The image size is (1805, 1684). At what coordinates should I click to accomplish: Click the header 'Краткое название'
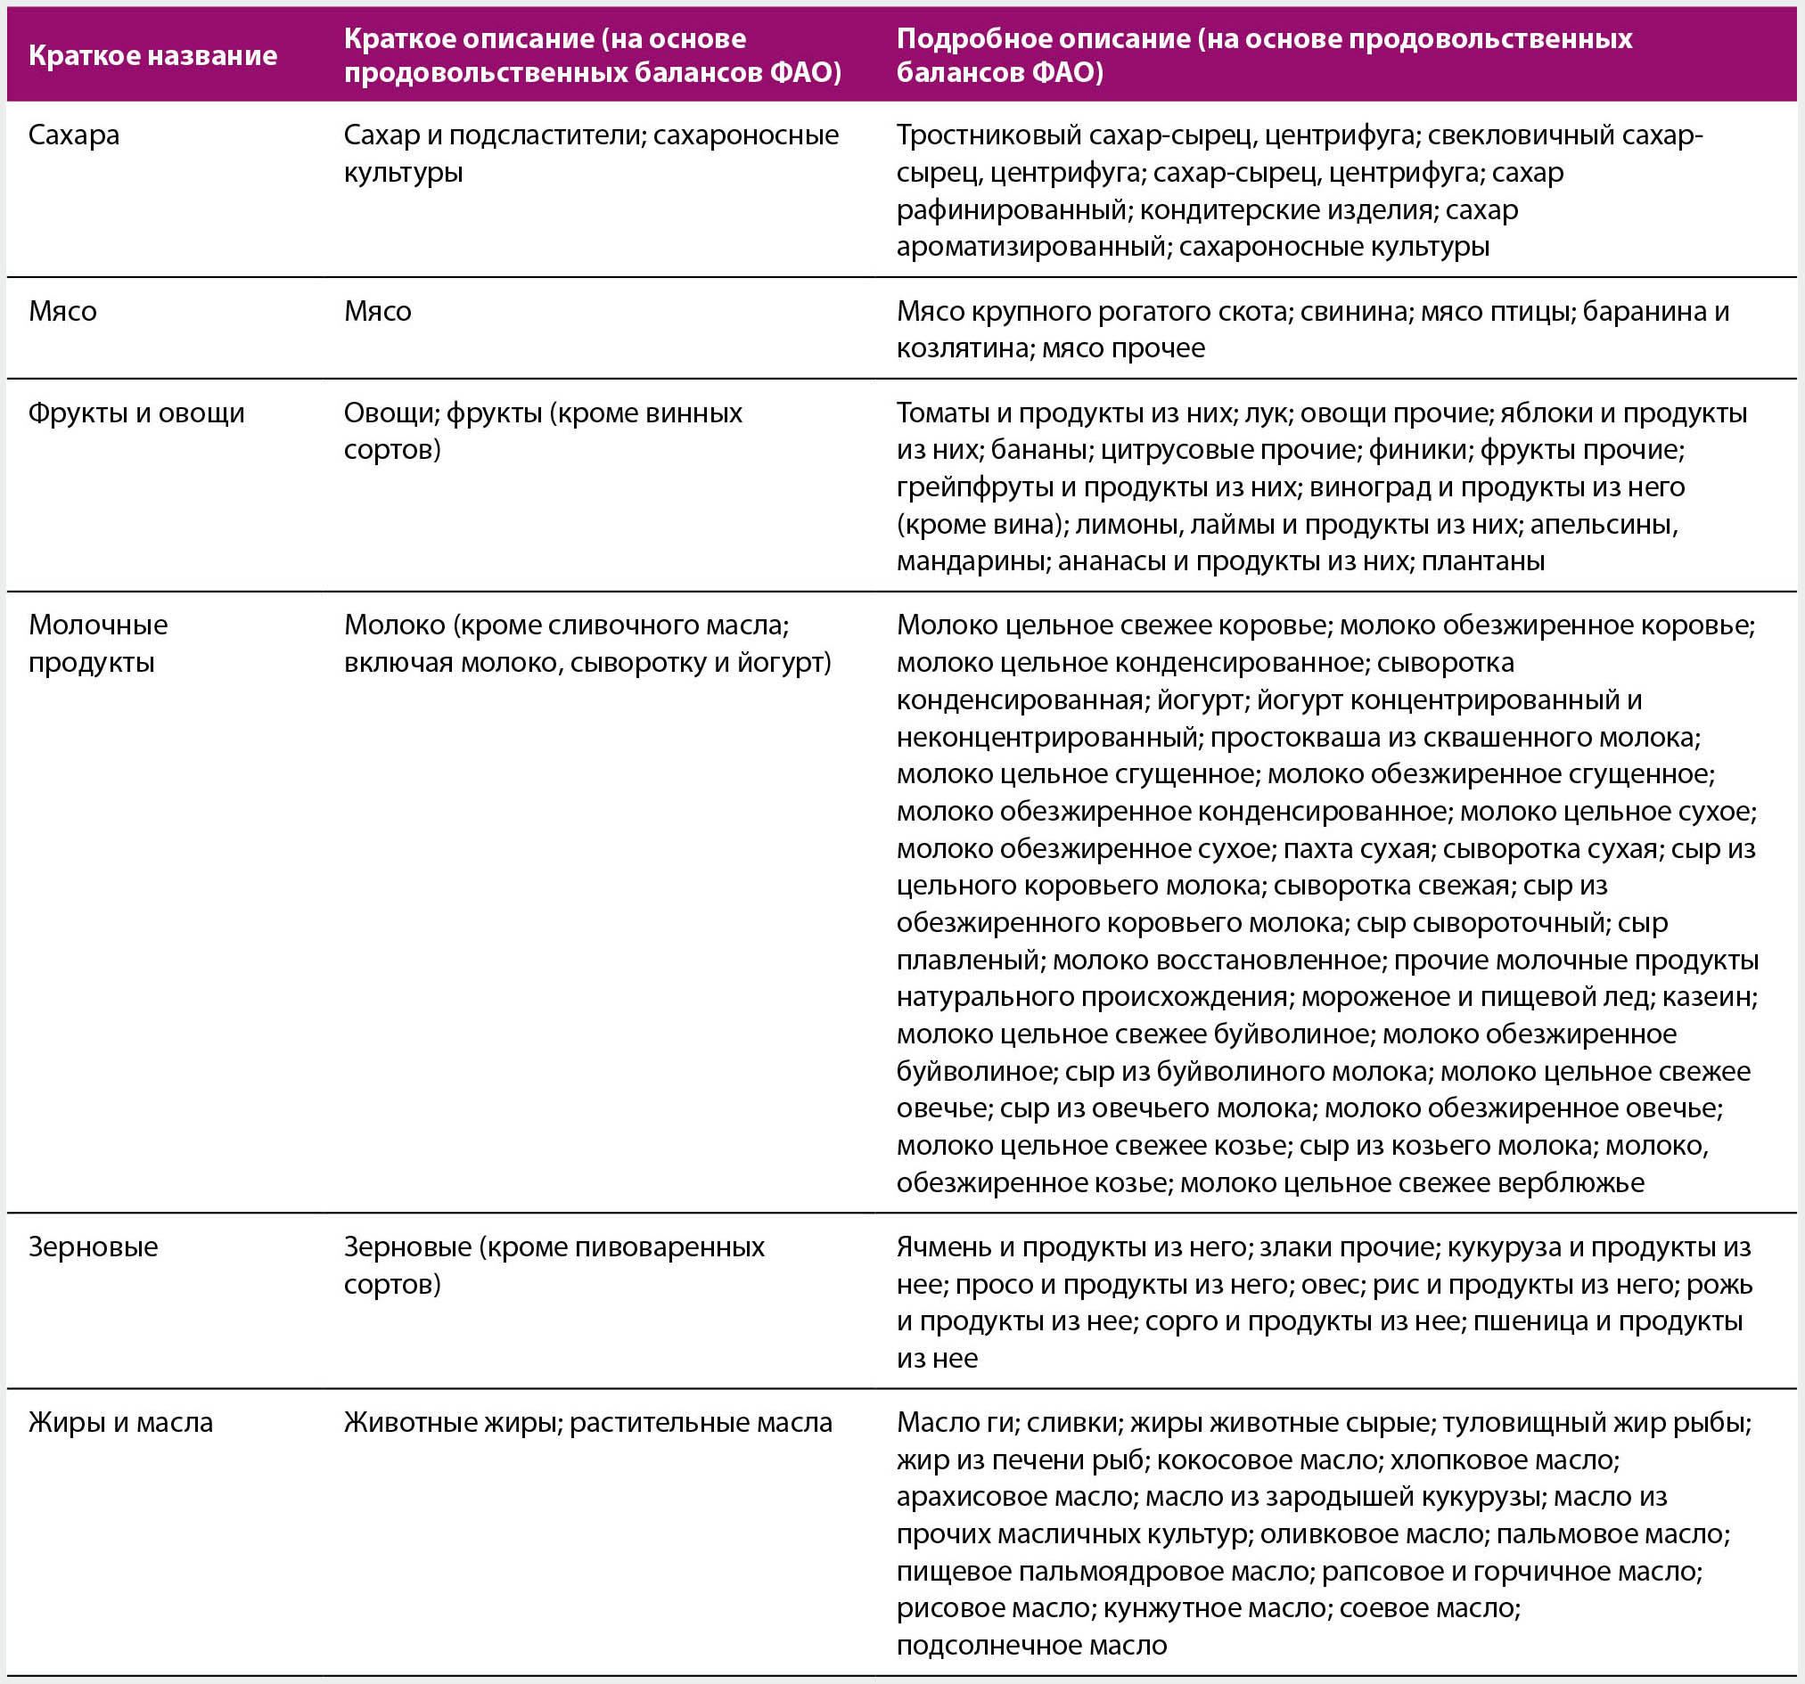(x=152, y=55)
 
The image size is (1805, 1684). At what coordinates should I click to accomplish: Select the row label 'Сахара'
(x=74, y=135)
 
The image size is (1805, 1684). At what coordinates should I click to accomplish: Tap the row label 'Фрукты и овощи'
(x=136, y=413)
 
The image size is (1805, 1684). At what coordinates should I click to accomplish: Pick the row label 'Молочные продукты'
(x=98, y=642)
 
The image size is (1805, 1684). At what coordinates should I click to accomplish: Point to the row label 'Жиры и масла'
(x=120, y=1422)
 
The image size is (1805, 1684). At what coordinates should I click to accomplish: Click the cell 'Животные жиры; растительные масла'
(x=587, y=1422)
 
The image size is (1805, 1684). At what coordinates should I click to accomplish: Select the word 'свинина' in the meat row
(x=1356, y=311)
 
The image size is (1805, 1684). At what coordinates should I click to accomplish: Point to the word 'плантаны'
(x=1482, y=561)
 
